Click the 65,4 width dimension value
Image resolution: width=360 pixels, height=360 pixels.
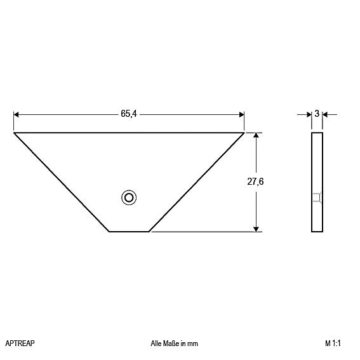tap(128, 114)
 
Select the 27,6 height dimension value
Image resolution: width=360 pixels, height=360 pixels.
tap(255, 182)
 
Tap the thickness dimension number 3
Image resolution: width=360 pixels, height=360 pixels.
tap(317, 114)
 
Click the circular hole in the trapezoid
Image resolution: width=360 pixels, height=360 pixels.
tap(129, 197)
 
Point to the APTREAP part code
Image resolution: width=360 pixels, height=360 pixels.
tap(20, 343)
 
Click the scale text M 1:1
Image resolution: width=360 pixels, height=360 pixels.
tap(333, 343)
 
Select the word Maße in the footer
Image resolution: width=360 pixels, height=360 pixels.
tap(171, 343)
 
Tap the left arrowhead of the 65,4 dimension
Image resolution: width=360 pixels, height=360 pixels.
tap(16, 114)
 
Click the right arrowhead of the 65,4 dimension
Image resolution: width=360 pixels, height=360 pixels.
tap(241, 114)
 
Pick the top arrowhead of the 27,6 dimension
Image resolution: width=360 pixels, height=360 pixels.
tap(256, 135)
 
